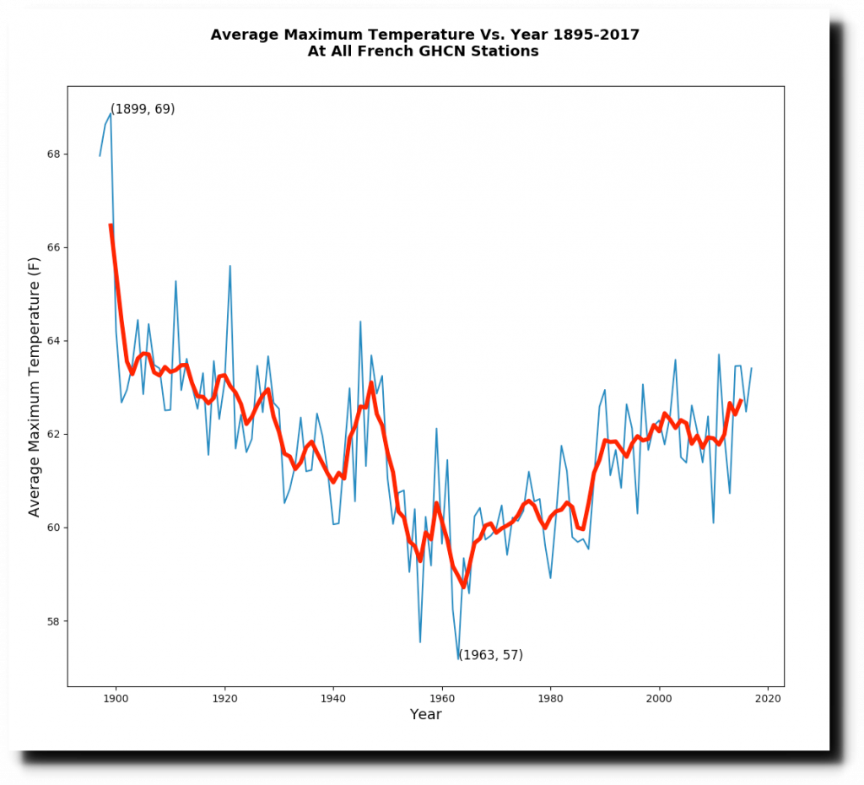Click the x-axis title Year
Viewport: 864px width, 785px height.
[425, 715]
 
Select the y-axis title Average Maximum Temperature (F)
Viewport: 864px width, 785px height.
[35, 387]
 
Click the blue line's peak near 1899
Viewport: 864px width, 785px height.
[111, 113]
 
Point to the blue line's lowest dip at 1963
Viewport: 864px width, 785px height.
[458, 658]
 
